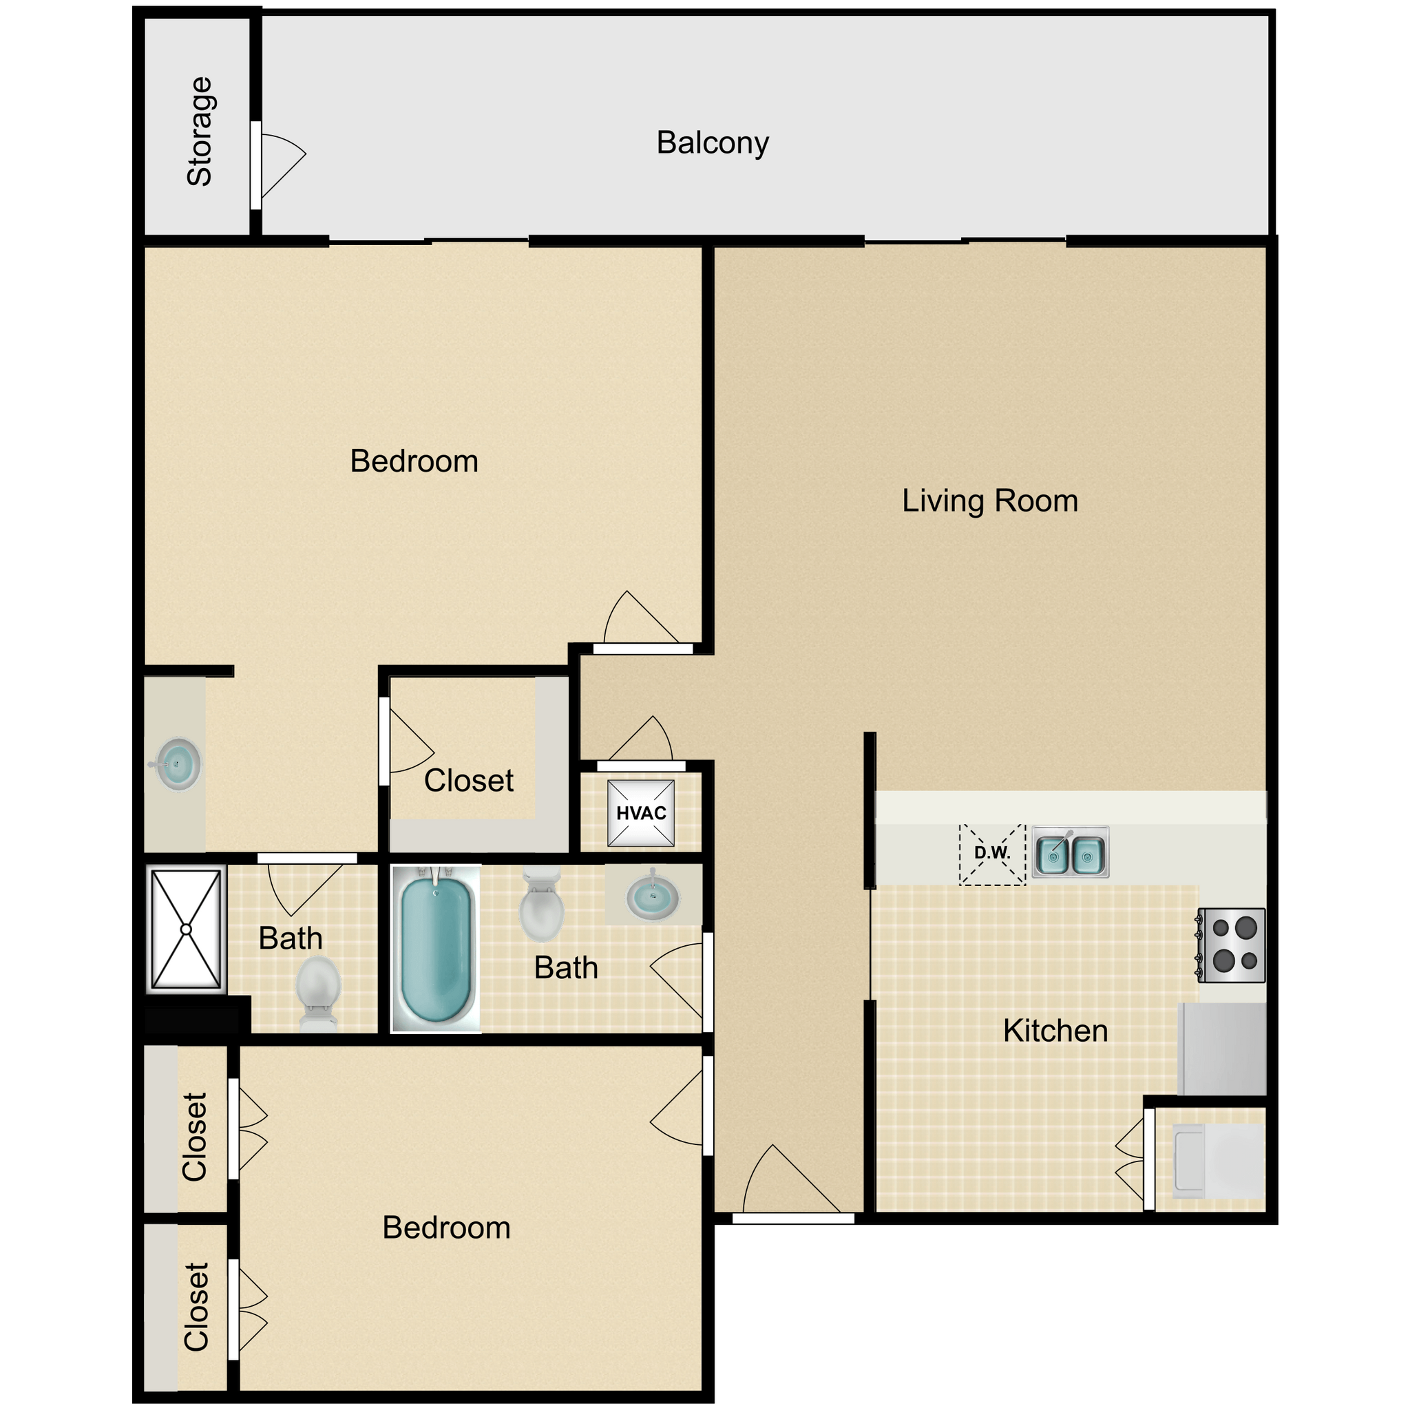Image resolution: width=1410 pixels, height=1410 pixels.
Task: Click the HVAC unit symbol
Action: click(x=641, y=813)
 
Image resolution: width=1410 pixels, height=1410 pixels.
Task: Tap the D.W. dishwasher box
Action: click(x=992, y=853)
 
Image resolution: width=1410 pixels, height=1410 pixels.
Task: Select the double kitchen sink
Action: click(x=1070, y=852)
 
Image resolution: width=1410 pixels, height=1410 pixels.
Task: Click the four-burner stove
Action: click(x=1231, y=945)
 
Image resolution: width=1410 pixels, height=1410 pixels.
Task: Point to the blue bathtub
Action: click(x=436, y=949)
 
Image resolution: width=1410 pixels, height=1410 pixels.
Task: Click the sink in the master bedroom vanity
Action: click(x=178, y=764)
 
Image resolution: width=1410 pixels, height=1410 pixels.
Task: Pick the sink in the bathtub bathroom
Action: click(x=652, y=896)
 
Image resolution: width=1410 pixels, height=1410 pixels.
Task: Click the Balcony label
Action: click(x=713, y=143)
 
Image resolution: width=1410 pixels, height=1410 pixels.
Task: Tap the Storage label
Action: click(x=198, y=131)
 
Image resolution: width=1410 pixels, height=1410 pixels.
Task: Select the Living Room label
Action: click(x=989, y=501)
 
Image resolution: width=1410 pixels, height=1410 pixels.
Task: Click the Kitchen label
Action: click(x=1055, y=1031)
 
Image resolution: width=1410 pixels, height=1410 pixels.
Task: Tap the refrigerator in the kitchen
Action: click(x=1222, y=1049)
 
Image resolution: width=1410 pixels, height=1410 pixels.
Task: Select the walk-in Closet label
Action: click(x=469, y=781)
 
